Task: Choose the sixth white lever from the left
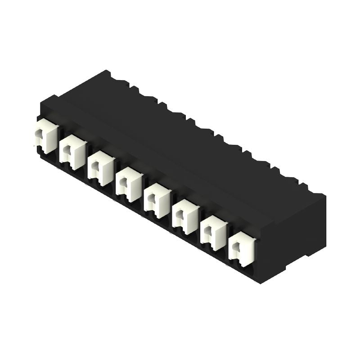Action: [x=186, y=217]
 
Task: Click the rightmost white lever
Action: [x=242, y=248]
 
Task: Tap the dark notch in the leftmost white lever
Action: [x=39, y=134]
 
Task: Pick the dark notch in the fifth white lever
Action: [x=152, y=198]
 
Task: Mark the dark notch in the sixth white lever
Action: [x=180, y=215]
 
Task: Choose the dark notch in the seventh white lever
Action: [x=208, y=231]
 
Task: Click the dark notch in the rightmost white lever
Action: [x=236, y=247]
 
